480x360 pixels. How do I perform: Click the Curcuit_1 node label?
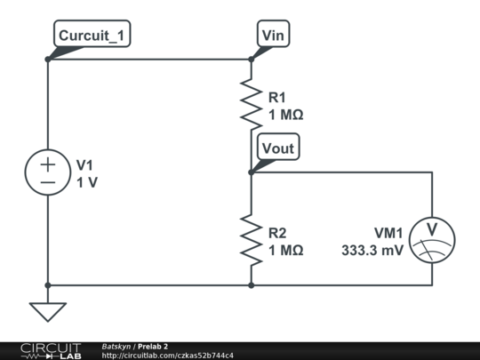(92, 34)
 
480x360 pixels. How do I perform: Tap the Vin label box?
(274, 34)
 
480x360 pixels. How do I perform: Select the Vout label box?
(278, 147)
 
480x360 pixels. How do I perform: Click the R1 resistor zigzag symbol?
(251, 103)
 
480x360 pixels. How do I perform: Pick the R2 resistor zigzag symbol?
(251, 239)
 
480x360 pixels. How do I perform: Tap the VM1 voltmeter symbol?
(432, 240)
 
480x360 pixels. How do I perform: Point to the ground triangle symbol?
(48, 312)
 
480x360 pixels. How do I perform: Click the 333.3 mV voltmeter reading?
(372, 250)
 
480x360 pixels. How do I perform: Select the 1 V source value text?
(87, 183)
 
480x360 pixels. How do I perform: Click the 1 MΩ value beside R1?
(286, 115)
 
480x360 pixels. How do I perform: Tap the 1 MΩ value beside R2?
(286, 251)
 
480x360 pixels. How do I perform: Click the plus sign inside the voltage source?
(48, 165)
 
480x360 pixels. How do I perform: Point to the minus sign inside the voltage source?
(48, 183)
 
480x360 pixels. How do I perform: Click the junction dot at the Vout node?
(251, 172)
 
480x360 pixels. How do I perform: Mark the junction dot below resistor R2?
(251, 285)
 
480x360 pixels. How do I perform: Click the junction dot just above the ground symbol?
(48, 285)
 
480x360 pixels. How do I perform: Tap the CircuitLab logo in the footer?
(51, 351)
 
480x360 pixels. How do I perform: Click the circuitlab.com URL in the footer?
(167, 356)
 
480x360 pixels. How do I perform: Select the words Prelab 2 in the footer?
(153, 347)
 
